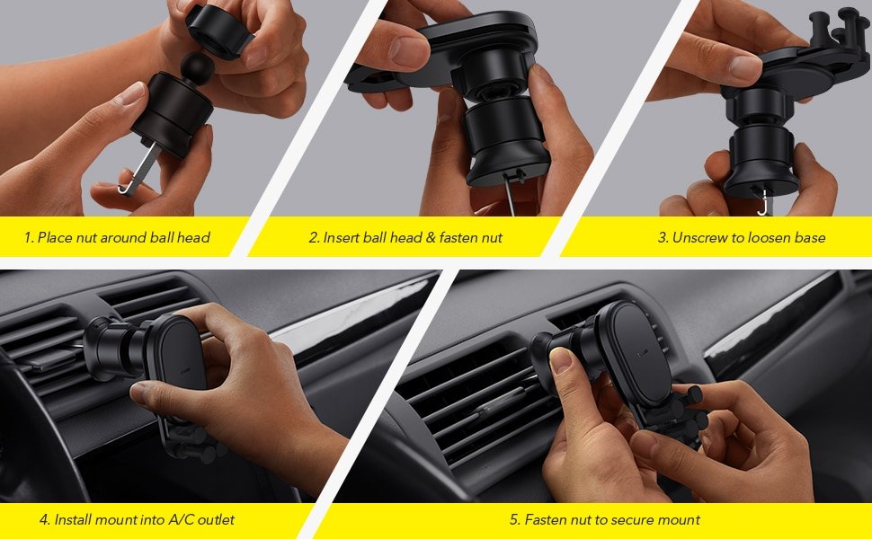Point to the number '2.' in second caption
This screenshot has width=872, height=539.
(314, 238)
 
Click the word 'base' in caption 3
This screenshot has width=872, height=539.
(808, 238)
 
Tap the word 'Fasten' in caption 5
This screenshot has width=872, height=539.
(547, 520)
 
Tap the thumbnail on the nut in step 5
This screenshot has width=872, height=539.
(560, 361)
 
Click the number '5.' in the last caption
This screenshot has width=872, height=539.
(514, 520)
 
